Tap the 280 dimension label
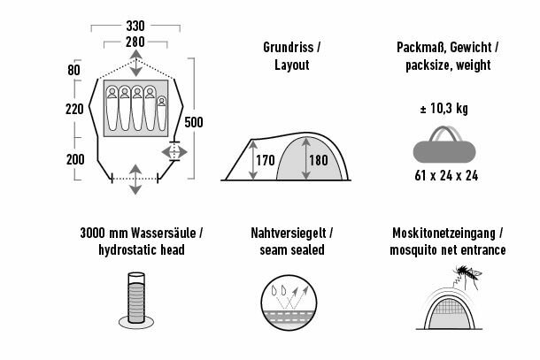click(x=134, y=42)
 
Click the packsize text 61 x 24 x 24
click(x=446, y=175)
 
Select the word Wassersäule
click(x=157, y=234)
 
